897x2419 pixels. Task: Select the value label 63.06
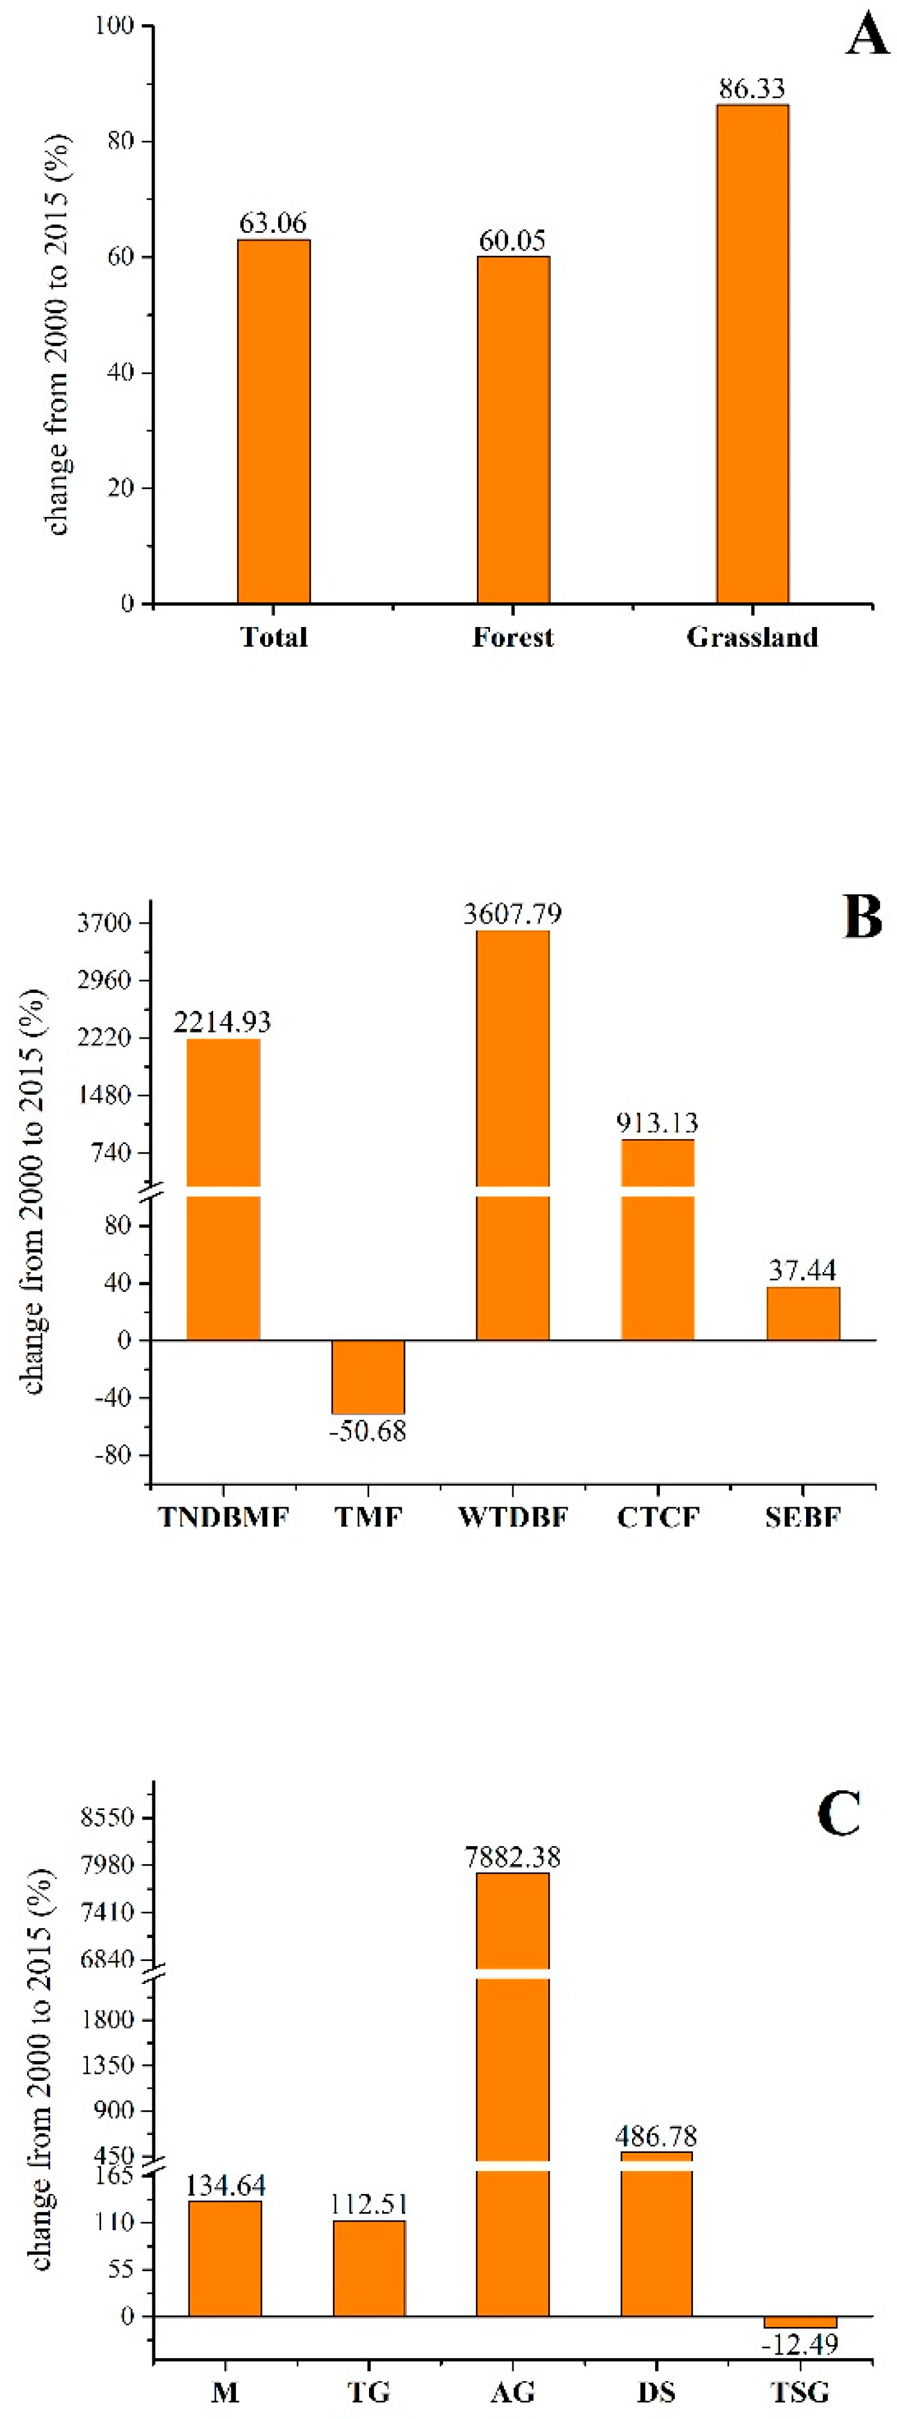(272, 223)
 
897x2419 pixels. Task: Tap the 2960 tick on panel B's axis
(104, 980)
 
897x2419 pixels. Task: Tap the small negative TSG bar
(800, 2322)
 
